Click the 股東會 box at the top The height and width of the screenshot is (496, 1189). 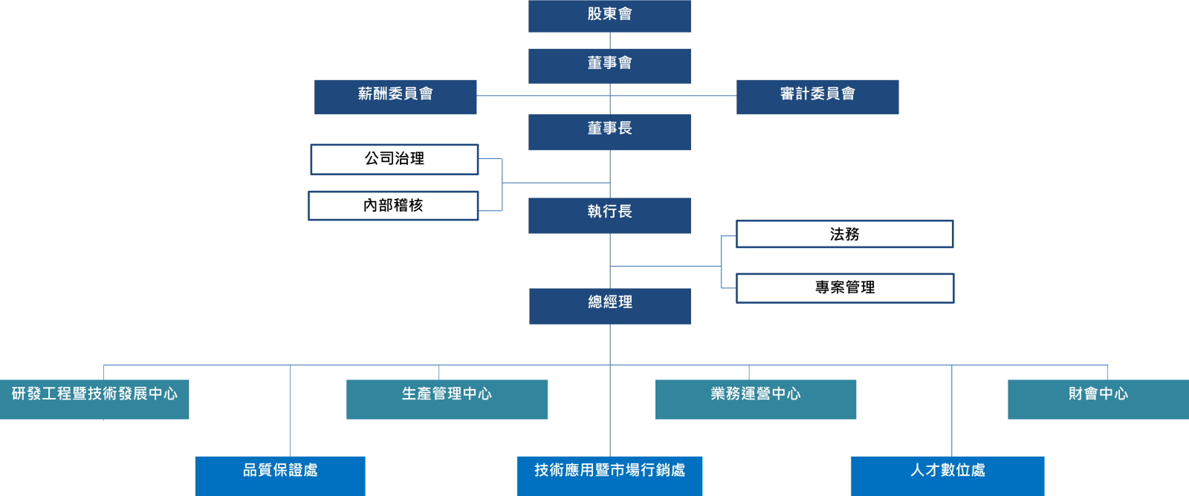(x=609, y=16)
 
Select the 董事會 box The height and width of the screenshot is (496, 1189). (x=609, y=65)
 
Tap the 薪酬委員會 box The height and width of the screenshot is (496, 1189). (x=395, y=97)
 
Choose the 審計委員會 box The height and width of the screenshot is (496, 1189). (x=817, y=97)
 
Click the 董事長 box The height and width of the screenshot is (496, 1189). (x=609, y=131)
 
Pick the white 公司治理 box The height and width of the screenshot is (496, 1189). (x=394, y=160)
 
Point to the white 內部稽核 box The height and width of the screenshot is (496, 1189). (x=393, y=206)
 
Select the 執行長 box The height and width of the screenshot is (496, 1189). (x=609, y=215)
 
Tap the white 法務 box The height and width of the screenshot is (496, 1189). (x=844, y=234)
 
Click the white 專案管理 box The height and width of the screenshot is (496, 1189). (x=845, y=288)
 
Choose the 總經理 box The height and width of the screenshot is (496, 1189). (x=609, y=306)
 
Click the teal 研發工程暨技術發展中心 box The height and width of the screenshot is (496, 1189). (x=94, y=399)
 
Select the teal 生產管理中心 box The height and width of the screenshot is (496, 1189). (x=447, y=399)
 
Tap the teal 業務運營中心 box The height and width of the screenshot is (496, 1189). (x=755, y=399)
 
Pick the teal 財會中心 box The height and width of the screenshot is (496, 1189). (x=1098, y=399)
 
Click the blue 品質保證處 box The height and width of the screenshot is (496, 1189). (x=280, y=475)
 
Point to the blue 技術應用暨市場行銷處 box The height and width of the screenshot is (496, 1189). (x=609, y=475)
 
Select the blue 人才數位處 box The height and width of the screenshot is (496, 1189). (x=947, y=475)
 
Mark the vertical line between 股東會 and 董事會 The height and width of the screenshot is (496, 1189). (x=610, y=40)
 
